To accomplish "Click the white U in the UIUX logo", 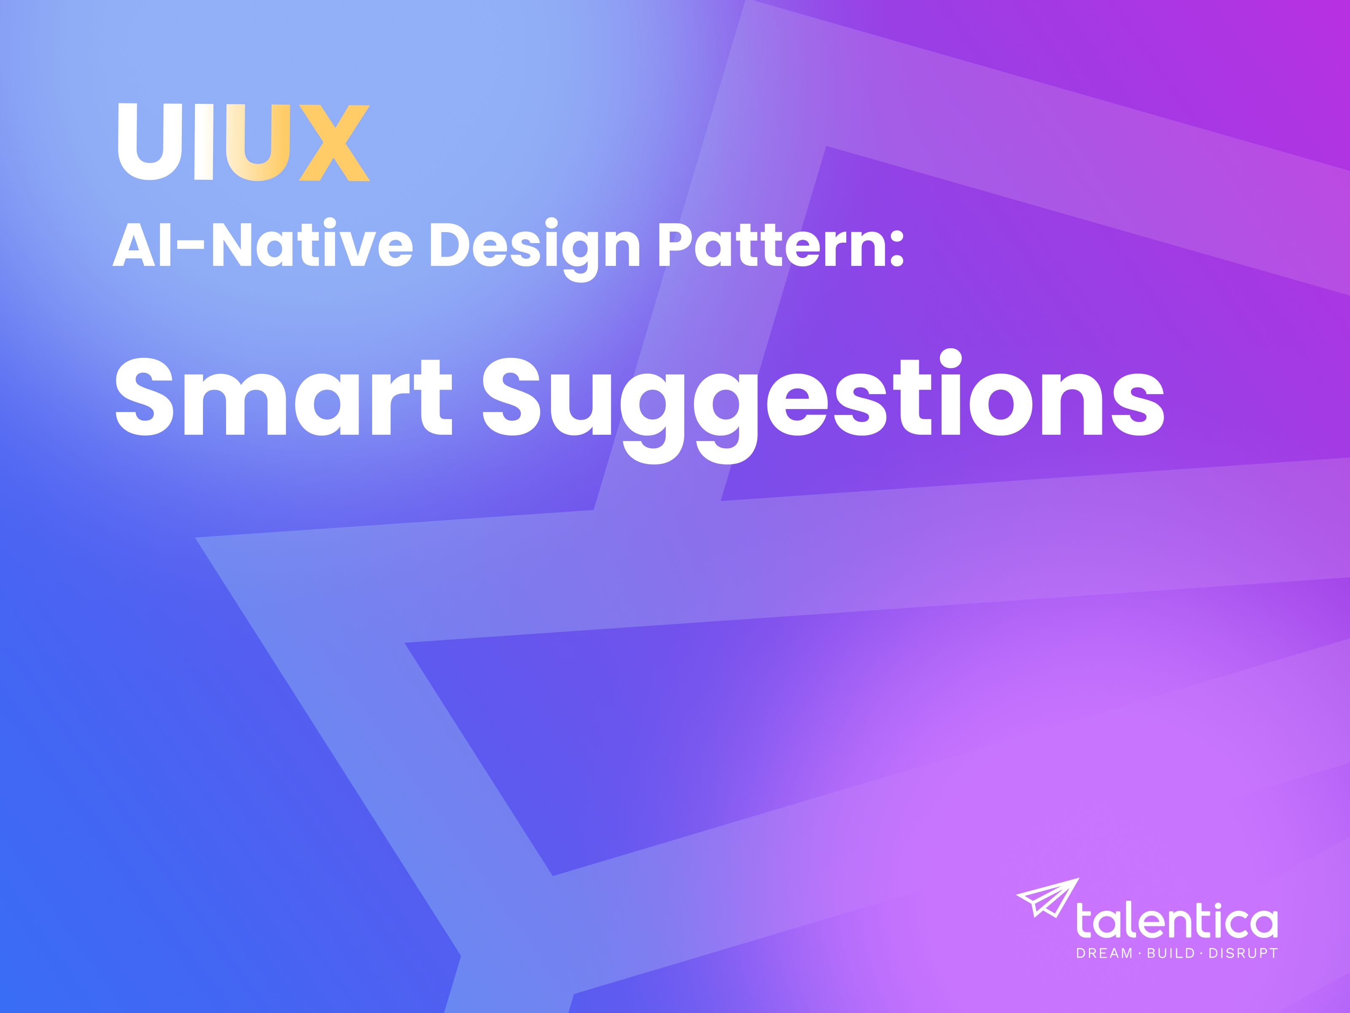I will [x=149, y=142].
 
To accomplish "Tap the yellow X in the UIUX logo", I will [x=335, y=143].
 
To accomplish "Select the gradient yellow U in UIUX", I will [x=257, y=143].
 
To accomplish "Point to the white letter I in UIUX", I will [x=204, y=142].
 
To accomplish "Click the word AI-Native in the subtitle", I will [x=262, y=245].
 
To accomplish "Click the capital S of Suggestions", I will [x=511, y=397].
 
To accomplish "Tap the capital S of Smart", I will [x=145, y=397].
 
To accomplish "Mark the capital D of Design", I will [x=453, y=244].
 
